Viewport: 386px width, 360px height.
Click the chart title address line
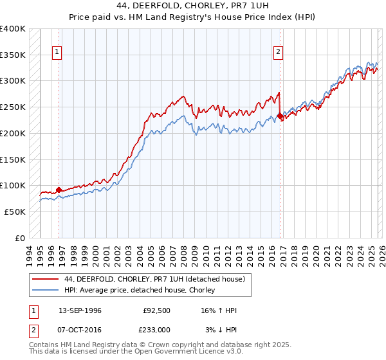pyautogui.click(x=193, y=6)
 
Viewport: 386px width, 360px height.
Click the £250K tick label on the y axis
pyautogui.click(x=13, y=107)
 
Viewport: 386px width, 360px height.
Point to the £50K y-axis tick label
pyautogui.click(x=15, y=212)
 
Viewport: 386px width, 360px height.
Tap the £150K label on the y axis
pyautogui.click(x=13, y=159)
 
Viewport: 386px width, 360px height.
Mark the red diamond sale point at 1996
pyautogui.click(x=59, y=190)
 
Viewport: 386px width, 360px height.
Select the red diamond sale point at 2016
pyautogui.click(x=280, y=116)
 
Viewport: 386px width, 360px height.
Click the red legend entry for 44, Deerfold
pyautogui.click(x=154, y=279)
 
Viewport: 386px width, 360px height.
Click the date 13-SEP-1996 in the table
pyautogui.click(x=80, y=311)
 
